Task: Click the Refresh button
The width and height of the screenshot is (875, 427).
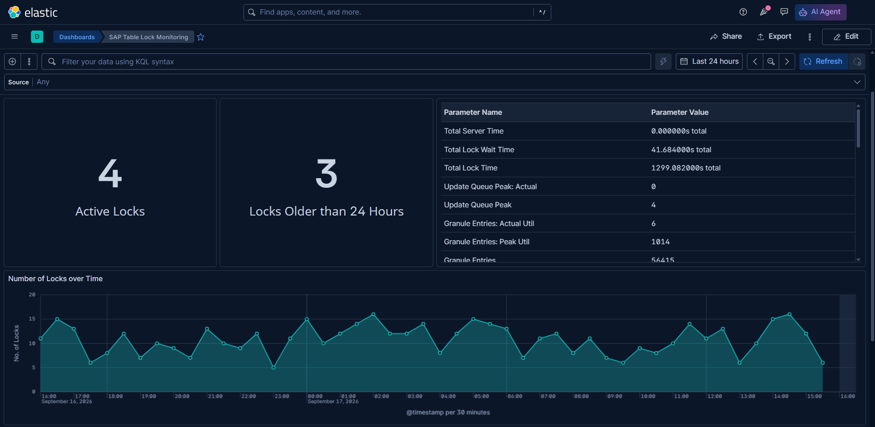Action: pos(823,62)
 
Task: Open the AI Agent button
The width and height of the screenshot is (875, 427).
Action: pos(820,12)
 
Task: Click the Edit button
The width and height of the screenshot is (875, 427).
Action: pos(846,36)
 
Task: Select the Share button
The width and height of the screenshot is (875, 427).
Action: pos(726,36)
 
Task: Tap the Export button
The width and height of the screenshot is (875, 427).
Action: pos(774,36)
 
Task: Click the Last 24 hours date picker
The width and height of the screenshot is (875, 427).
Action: pos(709,62)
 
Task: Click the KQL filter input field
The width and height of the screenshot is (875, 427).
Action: pos(346,62)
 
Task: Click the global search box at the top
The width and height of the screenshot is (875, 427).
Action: pos(397,12)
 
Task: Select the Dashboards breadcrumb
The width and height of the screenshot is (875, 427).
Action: pos(77,37)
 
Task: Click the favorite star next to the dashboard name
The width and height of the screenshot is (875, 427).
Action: pos(201,37)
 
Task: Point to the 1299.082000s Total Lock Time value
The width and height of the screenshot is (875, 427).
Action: pos(686,168)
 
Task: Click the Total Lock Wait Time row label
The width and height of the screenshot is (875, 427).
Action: pos(479,149)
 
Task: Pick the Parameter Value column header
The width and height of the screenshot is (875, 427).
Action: pos(680,112)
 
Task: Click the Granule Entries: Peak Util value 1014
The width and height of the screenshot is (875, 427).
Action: pos(660,242)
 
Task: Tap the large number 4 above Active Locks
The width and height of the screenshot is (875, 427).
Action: pos(110,174)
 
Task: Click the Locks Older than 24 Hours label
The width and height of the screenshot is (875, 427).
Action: pos(326,211)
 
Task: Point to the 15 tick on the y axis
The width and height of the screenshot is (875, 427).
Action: pos(32,319)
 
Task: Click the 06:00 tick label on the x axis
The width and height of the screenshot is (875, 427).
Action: pos(515,396)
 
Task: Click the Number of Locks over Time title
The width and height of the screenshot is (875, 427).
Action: pos(55,278)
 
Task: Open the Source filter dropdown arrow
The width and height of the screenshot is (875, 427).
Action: pos(857,82)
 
